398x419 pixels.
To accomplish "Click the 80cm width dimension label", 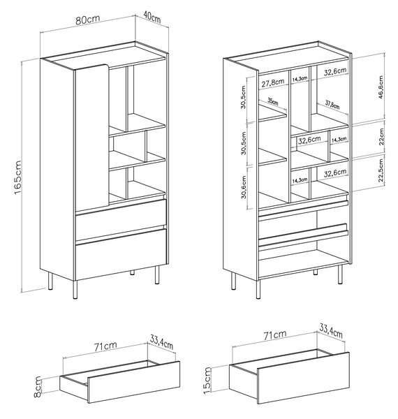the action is [87, 20].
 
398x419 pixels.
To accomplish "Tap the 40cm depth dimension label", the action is [152, 17].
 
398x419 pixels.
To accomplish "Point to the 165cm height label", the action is [17, 177].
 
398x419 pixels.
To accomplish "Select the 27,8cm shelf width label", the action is [273, 83].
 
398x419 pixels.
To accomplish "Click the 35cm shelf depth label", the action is [273, 101].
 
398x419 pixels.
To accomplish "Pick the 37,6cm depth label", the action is [332, 105].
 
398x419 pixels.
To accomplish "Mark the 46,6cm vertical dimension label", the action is [381, 87].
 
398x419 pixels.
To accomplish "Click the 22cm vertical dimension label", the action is [381, 137].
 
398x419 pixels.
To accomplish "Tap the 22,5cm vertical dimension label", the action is [381, 170].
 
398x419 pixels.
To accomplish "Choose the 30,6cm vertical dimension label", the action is [244, 187].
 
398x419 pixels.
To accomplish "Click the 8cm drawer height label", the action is [38, 387].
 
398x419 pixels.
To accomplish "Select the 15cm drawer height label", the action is [207, 381].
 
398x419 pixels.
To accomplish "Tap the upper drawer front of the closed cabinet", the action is [121, 219].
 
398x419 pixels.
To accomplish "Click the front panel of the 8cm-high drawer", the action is [134, 382].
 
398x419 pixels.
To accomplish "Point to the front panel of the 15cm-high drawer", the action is [304, 378].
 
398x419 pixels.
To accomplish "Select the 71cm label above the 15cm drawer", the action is [275, 335].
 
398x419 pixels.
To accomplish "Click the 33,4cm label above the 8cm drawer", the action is [161, 342].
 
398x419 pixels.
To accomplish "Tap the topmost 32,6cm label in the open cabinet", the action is [335, 71].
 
